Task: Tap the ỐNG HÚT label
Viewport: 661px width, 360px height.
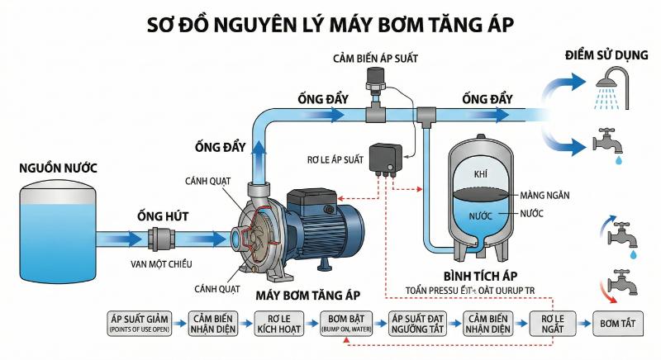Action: (163, 216)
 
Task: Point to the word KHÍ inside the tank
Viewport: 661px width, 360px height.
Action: (482, 175)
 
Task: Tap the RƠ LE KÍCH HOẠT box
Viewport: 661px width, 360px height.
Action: (276, 323)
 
